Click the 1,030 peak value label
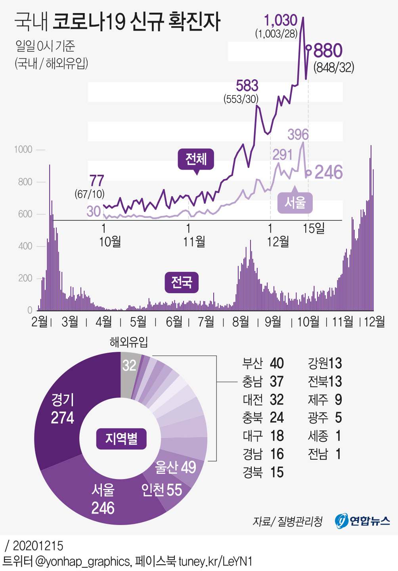pyautogui.click(x=281, y=20)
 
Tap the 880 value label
pyautogui.click(x=328, y=51)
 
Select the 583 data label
pyautogui.click(x=247, y=86)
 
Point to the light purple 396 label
pyautogui.click(x=298, y=135)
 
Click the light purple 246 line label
pyautogui.click(x=329, y=172)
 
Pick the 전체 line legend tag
pyautogui.click(x=196, y=159)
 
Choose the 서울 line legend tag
pyautogui.click(x=295, y=202)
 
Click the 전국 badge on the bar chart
pyautogui.click(x=182, y=282)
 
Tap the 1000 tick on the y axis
pyautogui.click(x=23, y=149)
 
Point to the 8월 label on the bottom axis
pyautogui.click(x=241, y=322)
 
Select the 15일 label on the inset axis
pyautogui.click(x=314, y=228)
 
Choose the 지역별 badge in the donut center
pyautogui.click(x=121, y=439)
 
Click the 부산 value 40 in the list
pyautogui.click(x=277, y=363)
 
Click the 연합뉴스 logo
pyautogui.click(x=362, y=520)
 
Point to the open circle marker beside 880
pyautogui.click(x=308, y=48)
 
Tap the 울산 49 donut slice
pyautogui.click(x=176, y=468)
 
